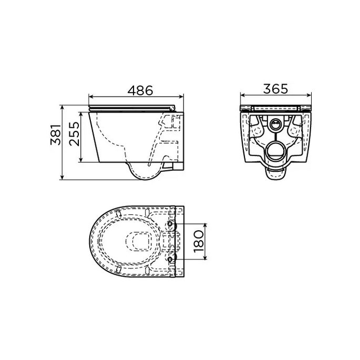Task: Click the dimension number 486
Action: tap(138, 90)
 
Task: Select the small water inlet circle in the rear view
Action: tap(275, 126)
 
